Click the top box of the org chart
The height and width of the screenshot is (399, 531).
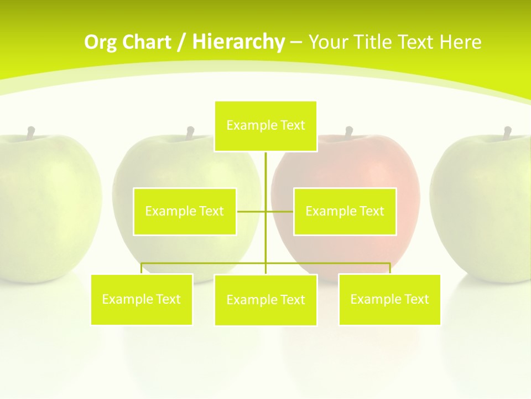pyautogui.click(x=265, y=126)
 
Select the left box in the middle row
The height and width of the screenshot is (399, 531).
pyautogui.click(x=185, y=211)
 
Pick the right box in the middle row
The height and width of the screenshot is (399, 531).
pyautogui.click(x=345, y=211)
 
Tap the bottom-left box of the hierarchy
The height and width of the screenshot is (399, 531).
pyautogui.click(x=142, y=299)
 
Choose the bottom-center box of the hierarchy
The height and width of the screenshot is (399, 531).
pyautogui.click(x=265, y=300)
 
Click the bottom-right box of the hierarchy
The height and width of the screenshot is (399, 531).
pyautogui.click(x=389, y=299)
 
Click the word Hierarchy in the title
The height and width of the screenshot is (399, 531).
pyautogui.click(x=238, y=42)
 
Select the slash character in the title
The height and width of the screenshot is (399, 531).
pyautogui.click(x=181, y=42)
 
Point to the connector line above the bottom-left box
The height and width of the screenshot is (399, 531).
pyautogui.click(x=142, y=268)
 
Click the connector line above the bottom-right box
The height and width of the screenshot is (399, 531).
pyautogui.click(x=390, y=268)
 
